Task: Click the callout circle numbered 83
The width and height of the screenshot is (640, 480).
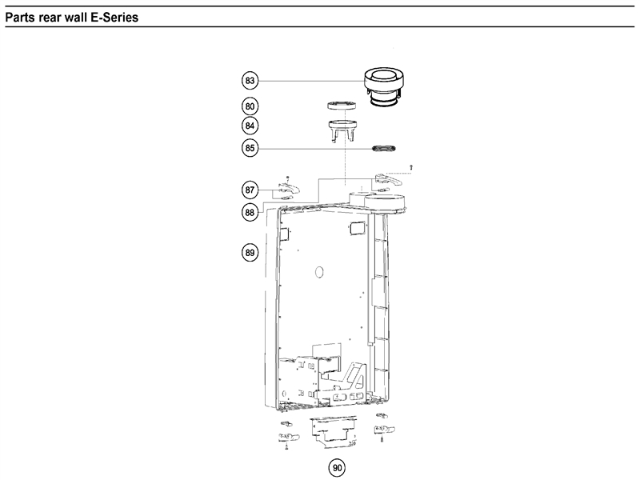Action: point(250,80)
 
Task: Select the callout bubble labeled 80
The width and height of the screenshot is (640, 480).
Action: point(250,105)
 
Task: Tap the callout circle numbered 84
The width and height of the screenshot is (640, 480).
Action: point(250,126)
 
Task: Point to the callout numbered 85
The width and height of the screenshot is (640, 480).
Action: point(250,147)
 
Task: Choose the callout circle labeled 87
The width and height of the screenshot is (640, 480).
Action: point(250,190)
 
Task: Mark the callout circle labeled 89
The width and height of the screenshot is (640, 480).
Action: point(250,253)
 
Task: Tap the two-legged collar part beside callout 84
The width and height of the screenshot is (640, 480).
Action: point(342,128)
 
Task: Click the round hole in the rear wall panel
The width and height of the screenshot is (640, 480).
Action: point(318,272)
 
